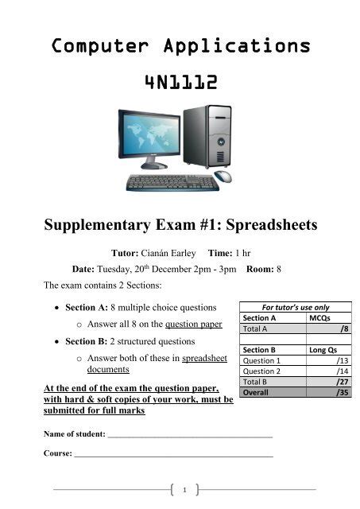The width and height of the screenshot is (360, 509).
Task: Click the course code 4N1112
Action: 180,84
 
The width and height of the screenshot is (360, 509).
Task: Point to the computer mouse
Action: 223,177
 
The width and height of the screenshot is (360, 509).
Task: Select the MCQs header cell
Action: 319,317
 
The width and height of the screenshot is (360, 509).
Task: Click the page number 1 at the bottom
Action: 184,488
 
